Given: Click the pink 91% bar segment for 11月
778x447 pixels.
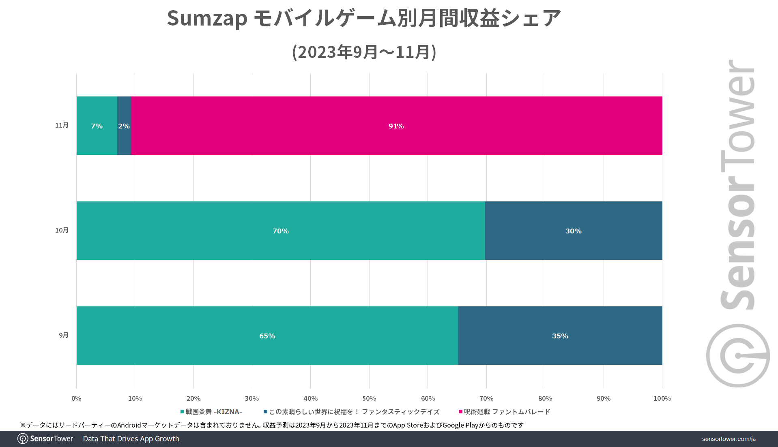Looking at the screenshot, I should pyautogui.click(x=396, y=126).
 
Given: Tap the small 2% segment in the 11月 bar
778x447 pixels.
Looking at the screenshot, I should pyautogui.click(x=124, y=126).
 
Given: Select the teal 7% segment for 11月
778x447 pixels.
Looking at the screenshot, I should pyautogui.click(x=97, y=126).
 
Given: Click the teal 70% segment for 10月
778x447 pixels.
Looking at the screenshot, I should pyautogui.click(x=280, y=231).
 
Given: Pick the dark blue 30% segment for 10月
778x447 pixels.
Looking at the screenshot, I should pyautogui.click(x=573, y=231).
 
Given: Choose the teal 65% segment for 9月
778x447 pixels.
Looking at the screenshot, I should pyautogui.click(x=267, y=336).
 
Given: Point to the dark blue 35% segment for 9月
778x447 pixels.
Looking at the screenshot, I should pyautogui.click(x=560, y=336).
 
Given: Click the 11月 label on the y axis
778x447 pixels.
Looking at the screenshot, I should pyautogui.click(x=62, y=125).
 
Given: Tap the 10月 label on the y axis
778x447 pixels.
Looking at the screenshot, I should pyautogui.click(x=62, y=230).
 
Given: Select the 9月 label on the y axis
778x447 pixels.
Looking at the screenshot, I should pyautogui.click(x=64, y=335).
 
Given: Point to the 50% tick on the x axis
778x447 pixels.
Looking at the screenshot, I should pyautogui.click(x=369, y=398).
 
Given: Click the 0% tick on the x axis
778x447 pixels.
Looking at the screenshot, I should pyautogui.click(x=76, y=398).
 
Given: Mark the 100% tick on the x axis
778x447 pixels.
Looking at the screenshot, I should pyautogui.click(x=662, y=398).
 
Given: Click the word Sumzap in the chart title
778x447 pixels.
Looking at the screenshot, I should pyautogui.click(x=207, y=18).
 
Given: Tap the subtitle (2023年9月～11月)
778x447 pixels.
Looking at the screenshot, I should pyautogui.click(x=364, y=52).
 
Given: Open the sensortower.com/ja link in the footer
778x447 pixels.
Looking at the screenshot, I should pyautogui.click(x=729, y=439).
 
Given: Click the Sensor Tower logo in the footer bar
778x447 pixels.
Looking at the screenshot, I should pyautogui.click(x=45, y=439).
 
